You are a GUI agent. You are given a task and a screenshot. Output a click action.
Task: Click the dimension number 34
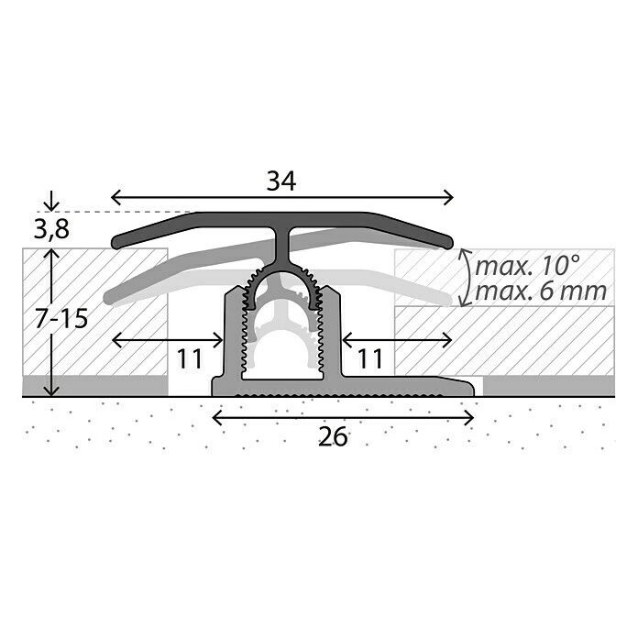(x=281, y=181)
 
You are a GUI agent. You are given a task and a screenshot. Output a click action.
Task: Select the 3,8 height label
(x=51, y=230)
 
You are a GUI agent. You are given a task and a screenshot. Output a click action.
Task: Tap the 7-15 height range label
(x=61, y=319)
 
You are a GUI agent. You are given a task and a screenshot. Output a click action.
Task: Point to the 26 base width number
(x=333, y=436)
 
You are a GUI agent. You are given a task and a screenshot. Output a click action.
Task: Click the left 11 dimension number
(x=190, y=359)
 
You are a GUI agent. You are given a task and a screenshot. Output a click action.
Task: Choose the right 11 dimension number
(x=370, y=359)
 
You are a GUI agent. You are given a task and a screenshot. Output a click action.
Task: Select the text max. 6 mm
(x=541, y=291)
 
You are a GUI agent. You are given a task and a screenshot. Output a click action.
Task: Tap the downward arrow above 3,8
(x=51, y=201)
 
